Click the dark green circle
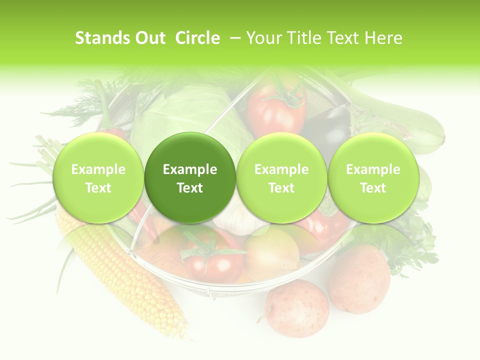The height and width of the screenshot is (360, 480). [190, 177]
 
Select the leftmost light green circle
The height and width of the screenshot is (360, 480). [98, 177]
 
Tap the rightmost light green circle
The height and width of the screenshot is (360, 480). [373, 177]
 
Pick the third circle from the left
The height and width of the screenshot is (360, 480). [281, 177]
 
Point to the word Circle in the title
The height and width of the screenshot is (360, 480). [197, 38]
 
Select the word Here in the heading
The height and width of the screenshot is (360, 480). [383, 38]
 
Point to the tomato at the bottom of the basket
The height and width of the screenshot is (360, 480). [212, 255]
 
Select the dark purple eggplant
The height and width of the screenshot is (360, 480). [327, 127]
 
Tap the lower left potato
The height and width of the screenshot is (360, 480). [296, 307]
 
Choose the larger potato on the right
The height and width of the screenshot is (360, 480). [359, 277]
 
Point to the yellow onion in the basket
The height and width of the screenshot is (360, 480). [270, 252]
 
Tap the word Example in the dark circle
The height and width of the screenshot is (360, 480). [190, 169]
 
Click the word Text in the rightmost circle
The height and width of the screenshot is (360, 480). [373, 188]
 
